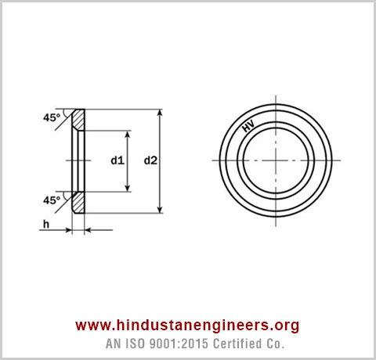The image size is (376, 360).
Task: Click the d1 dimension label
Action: (x=117, y=160)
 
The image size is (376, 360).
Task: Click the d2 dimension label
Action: (x=150, y=160)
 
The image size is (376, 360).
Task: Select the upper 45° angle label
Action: (x=52, y=119)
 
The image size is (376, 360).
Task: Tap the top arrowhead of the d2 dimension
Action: (x=161, y=113)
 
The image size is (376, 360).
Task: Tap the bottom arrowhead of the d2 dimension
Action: (x=161, y=208)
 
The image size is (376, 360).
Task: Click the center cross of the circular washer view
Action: (x=275, y=160)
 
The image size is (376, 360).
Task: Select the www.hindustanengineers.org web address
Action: (x=187, y=326)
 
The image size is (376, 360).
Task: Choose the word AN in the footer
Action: (x=114, y=344)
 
